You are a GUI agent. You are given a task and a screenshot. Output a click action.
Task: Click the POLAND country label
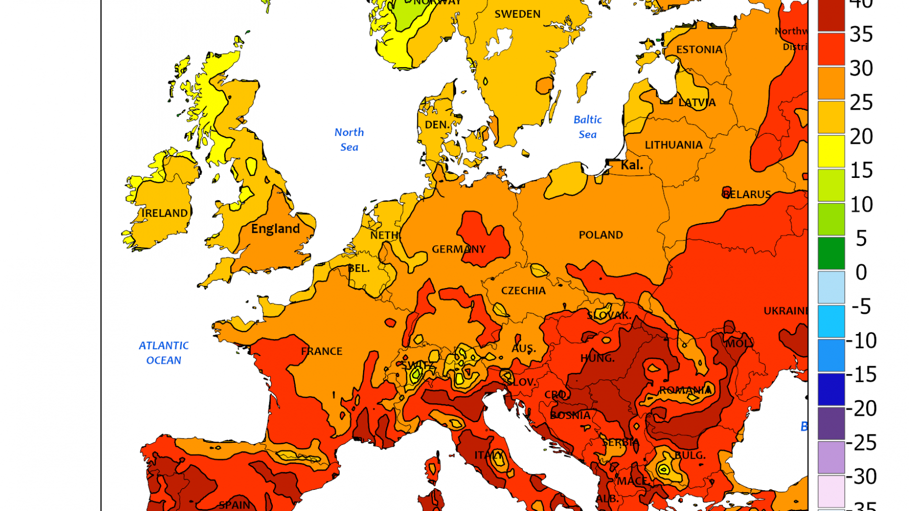pyautogui.click(x=601, y=235)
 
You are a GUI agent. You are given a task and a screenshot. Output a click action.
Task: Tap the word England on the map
pyautogui.click(x=275, y=228)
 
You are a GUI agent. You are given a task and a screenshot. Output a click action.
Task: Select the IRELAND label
pyautogui.click(x=165, y=213)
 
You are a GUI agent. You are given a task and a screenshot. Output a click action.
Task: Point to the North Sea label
pyautogui.click(x=349, y=139)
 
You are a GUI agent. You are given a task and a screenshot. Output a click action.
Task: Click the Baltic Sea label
pyautogui.click(x=587, y=127)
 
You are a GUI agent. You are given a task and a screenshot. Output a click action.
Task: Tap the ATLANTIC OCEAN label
pyautogui.click(x=164, y=353)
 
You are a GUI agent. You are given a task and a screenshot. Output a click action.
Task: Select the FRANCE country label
pyautogui.click(x=322, y=351)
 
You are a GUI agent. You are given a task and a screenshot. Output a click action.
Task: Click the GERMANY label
pyautogui.click(x=458, y=249)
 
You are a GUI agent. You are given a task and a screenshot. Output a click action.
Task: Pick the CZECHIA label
pyautogui.click(x=523, y=291)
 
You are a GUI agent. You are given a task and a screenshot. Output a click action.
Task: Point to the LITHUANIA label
pyautogui.click(x=673, y=145)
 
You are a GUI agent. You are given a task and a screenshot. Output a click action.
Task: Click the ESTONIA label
pyautogui.click(x=699, y=49)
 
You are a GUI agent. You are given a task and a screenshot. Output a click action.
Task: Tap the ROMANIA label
pyautogui.click(x=685, y=390)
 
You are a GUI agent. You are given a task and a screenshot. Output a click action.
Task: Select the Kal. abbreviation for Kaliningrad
pyautogui.click(x=631, y=165)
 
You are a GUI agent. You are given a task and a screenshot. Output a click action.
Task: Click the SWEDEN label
pyautogui.click(x=517, y=14)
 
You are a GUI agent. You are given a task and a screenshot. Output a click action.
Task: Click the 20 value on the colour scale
pyautogui.click(x=861, y=136)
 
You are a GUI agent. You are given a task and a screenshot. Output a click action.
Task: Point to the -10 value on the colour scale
pyautogui.click(x=861, y=341)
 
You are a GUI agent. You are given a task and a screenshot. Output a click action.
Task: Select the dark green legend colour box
pyautogui.click(x=831, y=253)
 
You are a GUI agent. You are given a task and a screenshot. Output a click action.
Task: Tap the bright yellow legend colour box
pyautogui.click(x=831, y=151)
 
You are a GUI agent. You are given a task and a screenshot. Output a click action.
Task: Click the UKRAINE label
pyautogui.click(x=785, y=311)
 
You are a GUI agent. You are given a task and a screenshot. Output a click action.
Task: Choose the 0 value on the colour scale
pyautogui.click(x=861, y=272)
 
